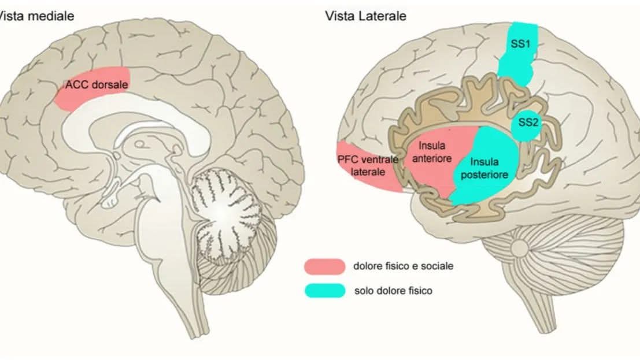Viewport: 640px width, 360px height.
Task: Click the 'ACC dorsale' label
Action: click(96, 84)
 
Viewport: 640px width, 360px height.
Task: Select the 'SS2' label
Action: click(527, 122)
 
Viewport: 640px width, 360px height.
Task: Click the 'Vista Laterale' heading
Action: click(365, 16)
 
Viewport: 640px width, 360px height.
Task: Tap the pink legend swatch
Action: click(324, 266)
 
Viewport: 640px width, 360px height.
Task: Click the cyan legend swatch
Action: click(324, 290)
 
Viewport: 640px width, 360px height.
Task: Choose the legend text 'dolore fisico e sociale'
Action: click(403, 266)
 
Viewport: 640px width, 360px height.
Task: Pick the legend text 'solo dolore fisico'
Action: click(393, 291)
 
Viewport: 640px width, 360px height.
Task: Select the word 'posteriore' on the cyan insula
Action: click(489, 175)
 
